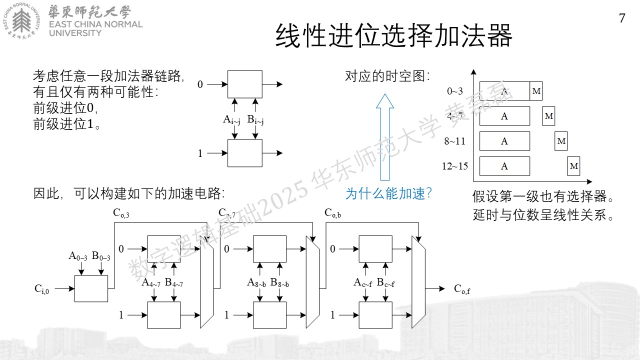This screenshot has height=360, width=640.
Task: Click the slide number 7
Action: tap(622, 18)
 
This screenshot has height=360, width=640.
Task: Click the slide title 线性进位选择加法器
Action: tap(394, 36)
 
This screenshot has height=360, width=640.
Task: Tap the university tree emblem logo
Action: tap(21, 21)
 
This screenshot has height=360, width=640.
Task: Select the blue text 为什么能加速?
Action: tap(388, 193)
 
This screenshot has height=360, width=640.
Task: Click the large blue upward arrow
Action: tap(385, 137)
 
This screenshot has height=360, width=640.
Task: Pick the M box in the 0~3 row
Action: tap(536, 91)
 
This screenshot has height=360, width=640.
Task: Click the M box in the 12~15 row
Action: tap(573, 166)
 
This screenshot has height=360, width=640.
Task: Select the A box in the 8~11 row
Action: tap(504, 141)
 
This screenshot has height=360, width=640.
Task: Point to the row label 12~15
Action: tap(455, 166)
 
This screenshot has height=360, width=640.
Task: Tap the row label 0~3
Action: tap(455, 91)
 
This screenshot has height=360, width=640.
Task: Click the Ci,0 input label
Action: tap(41, 289)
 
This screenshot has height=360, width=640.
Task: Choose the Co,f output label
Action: tap(462, 289)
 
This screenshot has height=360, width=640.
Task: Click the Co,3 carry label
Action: tap(121, 213)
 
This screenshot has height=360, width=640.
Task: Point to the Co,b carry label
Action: tap(332, 213)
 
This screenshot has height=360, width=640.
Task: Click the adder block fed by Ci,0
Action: tap(91, 288)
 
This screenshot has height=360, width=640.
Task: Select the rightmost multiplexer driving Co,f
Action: tap(418, 282)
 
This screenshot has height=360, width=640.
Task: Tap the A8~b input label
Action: tap(256, 282)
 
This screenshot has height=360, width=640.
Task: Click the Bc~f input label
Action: tap(385, 282)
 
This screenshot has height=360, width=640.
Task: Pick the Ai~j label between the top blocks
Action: tap(231, 119)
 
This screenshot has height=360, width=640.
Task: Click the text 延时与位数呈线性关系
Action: tap(543, 215)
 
